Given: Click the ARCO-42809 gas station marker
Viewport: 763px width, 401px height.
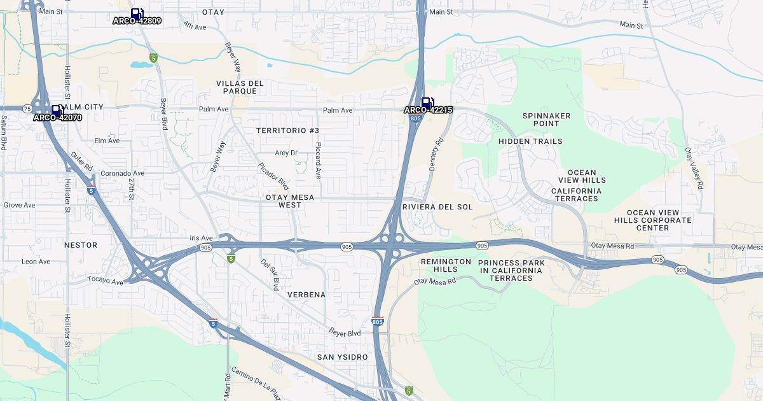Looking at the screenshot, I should (137, 14).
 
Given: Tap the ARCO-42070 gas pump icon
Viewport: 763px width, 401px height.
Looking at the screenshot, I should (57, 111).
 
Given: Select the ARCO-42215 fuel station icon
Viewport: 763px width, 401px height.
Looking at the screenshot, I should (428, 103).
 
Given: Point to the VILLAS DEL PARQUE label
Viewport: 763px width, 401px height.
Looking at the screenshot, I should (240, 87).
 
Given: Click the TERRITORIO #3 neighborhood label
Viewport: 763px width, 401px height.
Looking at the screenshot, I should (287, 130).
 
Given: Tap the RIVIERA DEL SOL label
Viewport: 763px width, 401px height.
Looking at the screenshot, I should (438, 207).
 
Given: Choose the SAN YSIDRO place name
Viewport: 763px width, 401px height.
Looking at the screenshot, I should (342, 357).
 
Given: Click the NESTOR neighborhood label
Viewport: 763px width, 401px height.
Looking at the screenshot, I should (81, 245).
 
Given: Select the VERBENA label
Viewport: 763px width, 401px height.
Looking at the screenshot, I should (306, 295).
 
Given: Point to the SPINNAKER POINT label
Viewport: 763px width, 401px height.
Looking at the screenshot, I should (546, 120).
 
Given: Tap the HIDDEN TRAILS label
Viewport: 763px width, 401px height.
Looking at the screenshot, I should (530, 141).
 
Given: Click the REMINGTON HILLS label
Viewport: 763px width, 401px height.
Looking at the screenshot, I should (446, 265).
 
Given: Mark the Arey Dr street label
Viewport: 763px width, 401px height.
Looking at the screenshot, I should (286, 153).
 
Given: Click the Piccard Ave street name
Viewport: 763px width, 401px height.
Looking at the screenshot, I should (318, 160).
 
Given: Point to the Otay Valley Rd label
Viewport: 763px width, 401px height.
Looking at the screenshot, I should (694, 168).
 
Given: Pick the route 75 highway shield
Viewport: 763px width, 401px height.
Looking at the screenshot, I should (27, 108).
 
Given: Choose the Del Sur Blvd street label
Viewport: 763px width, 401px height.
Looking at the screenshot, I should (269, 274).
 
